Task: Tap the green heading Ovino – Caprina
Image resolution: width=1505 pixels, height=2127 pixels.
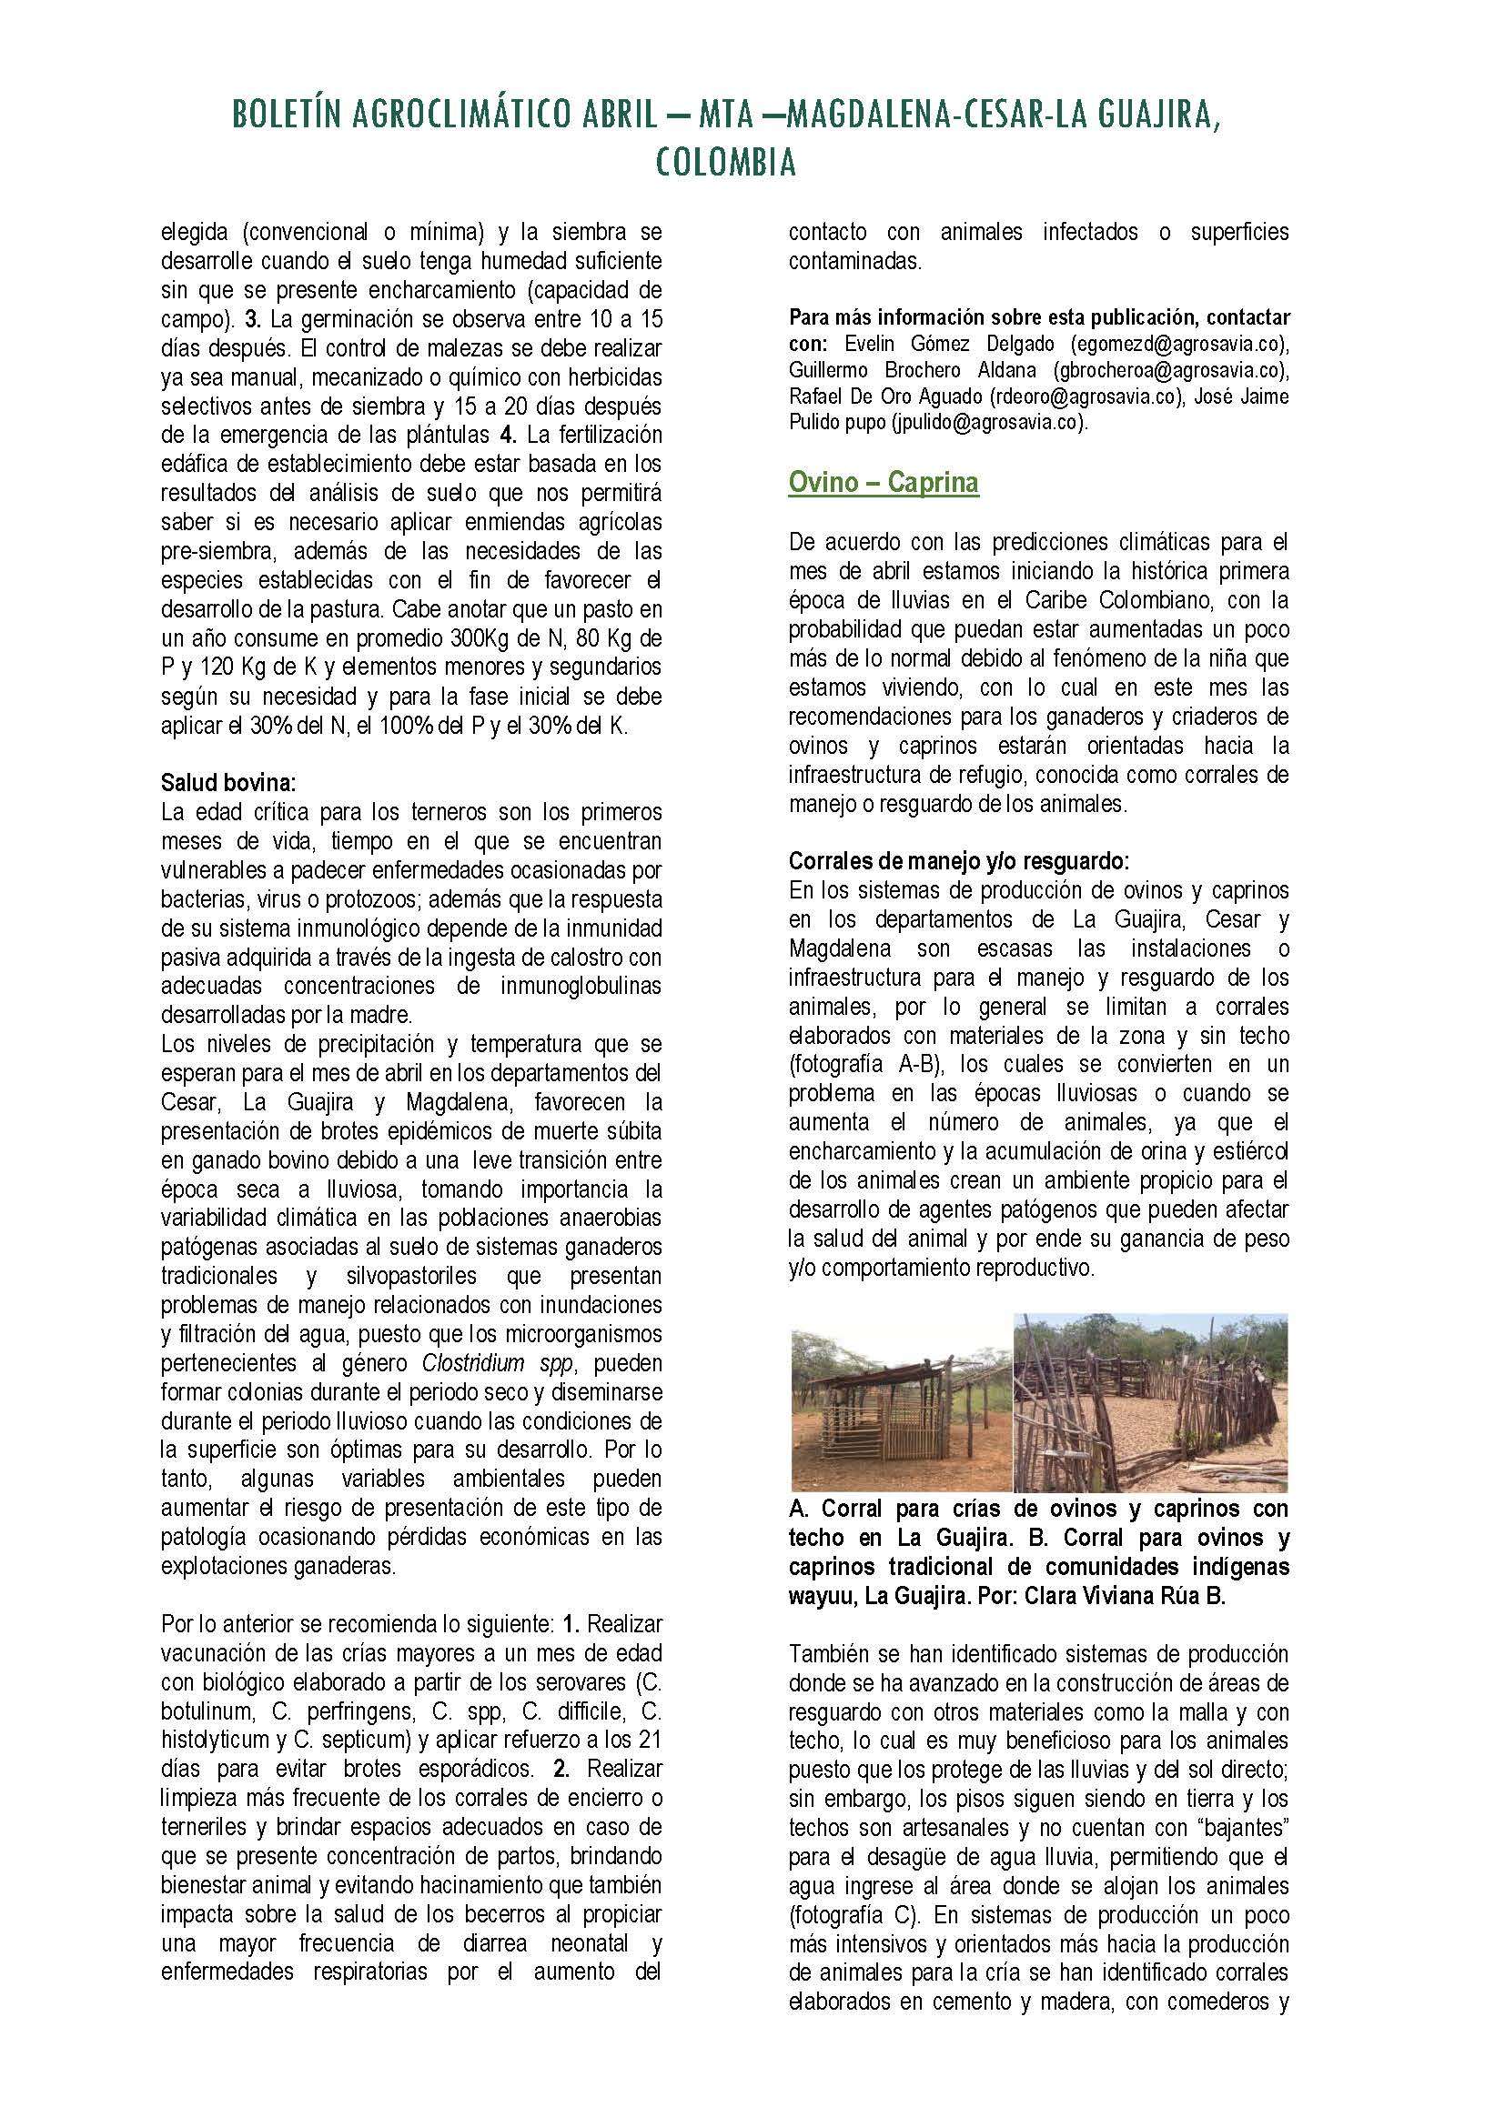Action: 884,483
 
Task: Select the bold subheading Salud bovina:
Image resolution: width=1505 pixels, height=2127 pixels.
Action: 228,783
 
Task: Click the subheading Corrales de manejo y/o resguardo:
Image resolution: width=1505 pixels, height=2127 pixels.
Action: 959,861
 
